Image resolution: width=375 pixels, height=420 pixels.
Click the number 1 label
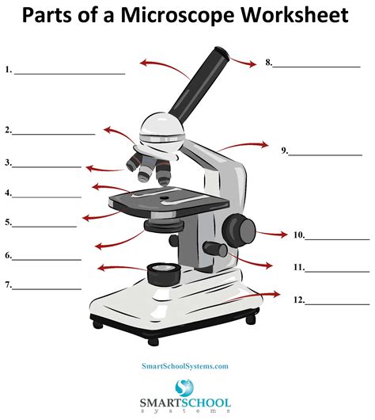(8, 70)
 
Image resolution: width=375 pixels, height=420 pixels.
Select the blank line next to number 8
(316, 65)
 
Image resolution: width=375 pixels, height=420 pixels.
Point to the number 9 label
(284, 150)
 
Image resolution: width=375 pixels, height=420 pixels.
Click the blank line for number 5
(45, 226)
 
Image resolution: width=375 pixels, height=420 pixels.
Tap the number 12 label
(298, 300)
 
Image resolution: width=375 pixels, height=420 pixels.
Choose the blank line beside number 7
(47, 288)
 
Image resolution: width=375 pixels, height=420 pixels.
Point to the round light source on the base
(163, 273)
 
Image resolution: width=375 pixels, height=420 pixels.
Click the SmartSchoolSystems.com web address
(185, 366)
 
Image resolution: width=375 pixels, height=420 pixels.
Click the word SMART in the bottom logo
(161, 405)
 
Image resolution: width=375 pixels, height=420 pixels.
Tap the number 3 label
(8, 163)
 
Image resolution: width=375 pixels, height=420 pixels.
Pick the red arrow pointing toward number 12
(261, 296)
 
